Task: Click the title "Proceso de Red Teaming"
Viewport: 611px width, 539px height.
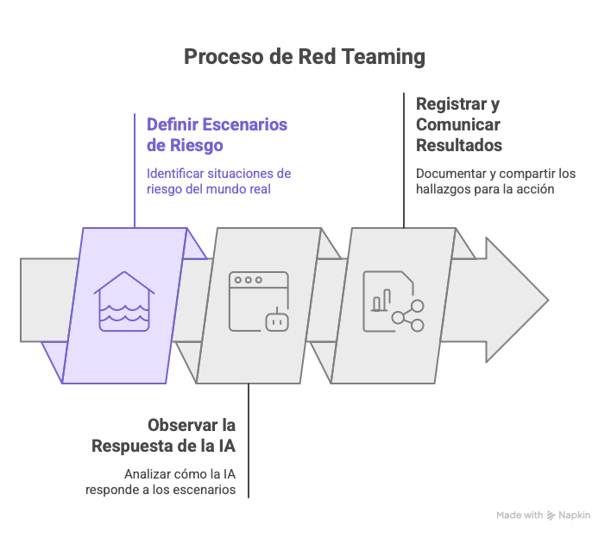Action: click(x=305, y=57)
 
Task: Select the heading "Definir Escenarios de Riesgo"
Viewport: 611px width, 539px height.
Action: click(x=217, y=135)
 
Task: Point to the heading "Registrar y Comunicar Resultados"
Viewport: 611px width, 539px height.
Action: click(x=458, y=124)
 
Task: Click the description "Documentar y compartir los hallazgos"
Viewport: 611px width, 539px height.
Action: click(x=495, y=181)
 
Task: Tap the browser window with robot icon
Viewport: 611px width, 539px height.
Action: click(x=258, y=301)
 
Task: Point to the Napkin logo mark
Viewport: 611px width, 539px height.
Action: click(x=551, y=515)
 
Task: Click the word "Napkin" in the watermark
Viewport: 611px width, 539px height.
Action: click(x=575, y=515)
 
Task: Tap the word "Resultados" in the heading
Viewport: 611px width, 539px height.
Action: click(x=459, y=145)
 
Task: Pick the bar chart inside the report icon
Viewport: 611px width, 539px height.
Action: click(x=377, y=302)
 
